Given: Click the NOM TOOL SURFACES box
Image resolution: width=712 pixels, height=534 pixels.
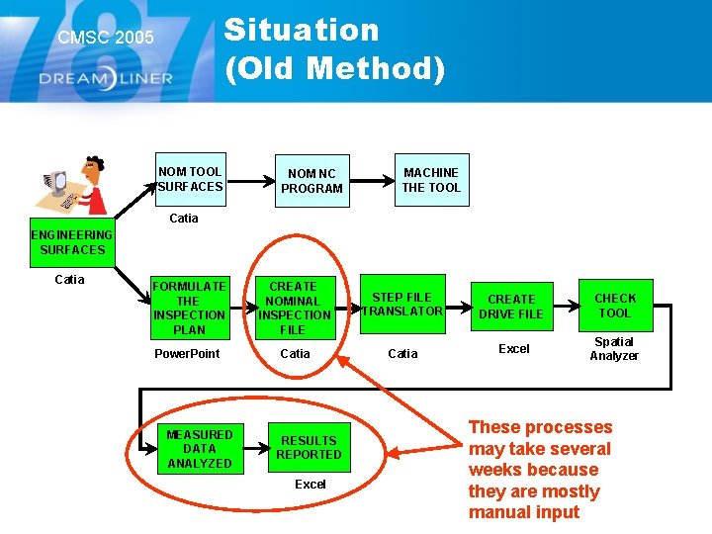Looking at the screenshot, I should [191, 179].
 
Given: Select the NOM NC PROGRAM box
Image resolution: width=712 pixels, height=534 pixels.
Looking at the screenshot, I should [311, 181].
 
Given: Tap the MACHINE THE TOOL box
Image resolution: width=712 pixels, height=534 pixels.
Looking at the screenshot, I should [431, 180].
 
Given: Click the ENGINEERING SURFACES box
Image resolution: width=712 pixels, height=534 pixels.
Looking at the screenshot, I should [71, 242].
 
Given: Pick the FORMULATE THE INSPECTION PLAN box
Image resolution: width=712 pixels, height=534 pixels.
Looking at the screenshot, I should [189, 308].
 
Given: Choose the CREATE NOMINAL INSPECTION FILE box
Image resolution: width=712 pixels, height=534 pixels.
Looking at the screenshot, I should [294, 308].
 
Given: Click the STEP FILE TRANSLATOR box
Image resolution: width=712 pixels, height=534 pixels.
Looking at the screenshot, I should [402, 304].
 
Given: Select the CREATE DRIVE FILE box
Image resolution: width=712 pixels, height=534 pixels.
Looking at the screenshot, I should [511, 307].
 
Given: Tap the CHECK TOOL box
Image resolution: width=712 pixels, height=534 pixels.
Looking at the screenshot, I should [614, 306].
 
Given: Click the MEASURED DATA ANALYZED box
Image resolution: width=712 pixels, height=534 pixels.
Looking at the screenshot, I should [200, 449].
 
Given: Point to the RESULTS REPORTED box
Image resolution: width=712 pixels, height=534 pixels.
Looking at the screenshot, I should [309, 448].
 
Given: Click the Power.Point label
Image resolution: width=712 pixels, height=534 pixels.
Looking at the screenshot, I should [187, 354].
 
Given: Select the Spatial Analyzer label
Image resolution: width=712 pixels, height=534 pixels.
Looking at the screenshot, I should [614, 349].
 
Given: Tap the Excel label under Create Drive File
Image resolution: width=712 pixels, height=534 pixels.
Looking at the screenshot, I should [513, 349].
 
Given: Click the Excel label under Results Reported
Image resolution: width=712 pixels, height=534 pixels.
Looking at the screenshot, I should [310, 485].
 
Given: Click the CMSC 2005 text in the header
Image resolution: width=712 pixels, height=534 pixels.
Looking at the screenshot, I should [106, 38].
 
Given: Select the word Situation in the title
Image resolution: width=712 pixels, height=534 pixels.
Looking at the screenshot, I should [302, 30].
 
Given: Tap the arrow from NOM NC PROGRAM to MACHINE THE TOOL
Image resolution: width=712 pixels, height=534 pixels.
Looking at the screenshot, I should [374, 181].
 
